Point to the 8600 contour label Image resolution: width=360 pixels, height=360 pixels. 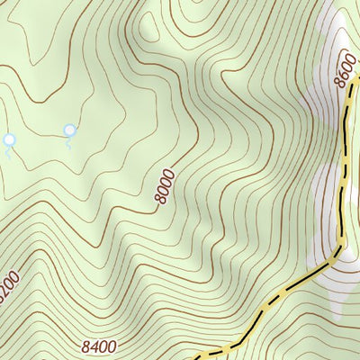click(x=343, y=71)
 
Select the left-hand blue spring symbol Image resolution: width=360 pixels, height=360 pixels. click(x=10, y=139)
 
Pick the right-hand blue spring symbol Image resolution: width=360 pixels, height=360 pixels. click(x=69, y=130)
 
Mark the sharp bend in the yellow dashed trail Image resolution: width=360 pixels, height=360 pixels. click(x=340, y=245)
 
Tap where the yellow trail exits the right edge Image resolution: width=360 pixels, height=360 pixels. click(x=357, y=79)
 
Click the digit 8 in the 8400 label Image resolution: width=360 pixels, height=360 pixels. click(x=84, y=346)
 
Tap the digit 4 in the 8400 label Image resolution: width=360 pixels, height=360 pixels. click(x=93, y=346)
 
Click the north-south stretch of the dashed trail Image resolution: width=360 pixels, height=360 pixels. click(x=343, y=171)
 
